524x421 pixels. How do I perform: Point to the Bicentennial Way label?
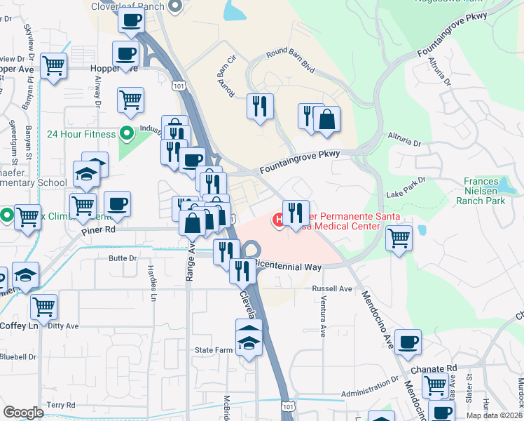[x=287, y=267]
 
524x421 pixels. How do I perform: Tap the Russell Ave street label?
[x=332, y=288]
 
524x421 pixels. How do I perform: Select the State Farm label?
[x=213, y=349]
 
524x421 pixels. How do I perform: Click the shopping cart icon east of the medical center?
[x=399, y=236]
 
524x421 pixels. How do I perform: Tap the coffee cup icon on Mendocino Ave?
[x=408, y=341]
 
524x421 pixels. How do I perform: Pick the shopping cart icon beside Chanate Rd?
[x=435, y=384]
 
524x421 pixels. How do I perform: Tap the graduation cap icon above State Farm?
[x=248, y=332]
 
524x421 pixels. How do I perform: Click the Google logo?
[x=23, y=413]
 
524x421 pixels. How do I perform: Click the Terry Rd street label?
[x=61, y=405]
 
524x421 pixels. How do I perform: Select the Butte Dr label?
[x=123, y=258]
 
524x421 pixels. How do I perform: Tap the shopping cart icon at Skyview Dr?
[x=53, y=66]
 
